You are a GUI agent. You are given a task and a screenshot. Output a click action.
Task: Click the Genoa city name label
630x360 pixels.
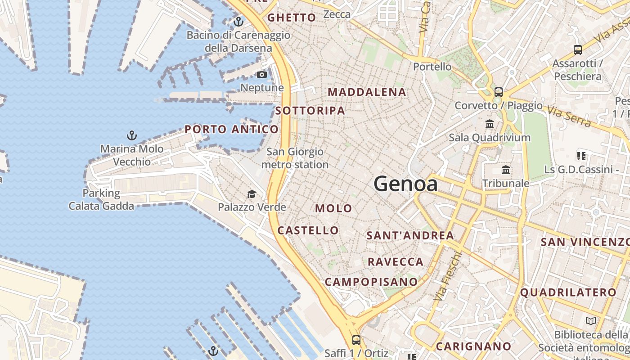(x=405, y=184)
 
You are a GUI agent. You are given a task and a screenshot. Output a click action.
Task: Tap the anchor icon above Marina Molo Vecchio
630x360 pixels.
(x=131, y=135)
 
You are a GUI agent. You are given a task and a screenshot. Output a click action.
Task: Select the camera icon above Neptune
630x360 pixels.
(x=262, y=74)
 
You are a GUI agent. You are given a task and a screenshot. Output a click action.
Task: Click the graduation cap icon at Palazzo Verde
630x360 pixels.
(x=252, y=194)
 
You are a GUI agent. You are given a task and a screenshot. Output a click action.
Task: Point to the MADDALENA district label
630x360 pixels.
(x=367, y=92)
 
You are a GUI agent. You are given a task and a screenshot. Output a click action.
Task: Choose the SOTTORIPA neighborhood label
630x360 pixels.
(x=310, y=111)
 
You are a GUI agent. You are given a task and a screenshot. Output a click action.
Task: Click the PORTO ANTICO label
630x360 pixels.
(x=231, y=130)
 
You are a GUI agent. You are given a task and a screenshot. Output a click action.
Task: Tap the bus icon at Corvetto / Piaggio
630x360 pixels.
(x=498, y=92)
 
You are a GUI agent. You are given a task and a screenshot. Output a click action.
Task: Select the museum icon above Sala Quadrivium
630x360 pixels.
(x=490, y=124)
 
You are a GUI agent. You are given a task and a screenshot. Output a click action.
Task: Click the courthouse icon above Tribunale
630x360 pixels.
(x=506, y=170)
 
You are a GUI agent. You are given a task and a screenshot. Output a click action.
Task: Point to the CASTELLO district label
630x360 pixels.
(x=308, y=230)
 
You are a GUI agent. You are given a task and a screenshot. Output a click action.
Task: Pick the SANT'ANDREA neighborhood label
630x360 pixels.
(x=410, y=235)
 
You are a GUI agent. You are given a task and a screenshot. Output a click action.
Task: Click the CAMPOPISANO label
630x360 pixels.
(x=371, y=282)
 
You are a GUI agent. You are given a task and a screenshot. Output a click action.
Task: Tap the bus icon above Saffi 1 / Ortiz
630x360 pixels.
(x=356, y=340)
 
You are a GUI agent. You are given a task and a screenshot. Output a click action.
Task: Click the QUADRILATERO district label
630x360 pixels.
(x=568, y=292)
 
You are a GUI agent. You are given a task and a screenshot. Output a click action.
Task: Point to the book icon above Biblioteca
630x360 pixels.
(x=590, y=321)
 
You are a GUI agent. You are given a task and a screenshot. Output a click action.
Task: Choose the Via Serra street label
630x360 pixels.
(x=569, y=116)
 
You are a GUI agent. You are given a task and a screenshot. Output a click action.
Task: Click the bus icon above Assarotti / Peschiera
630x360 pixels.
(x=578, y=50)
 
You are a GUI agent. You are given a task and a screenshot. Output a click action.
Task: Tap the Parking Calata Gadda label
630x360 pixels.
(x=101, y=200)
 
